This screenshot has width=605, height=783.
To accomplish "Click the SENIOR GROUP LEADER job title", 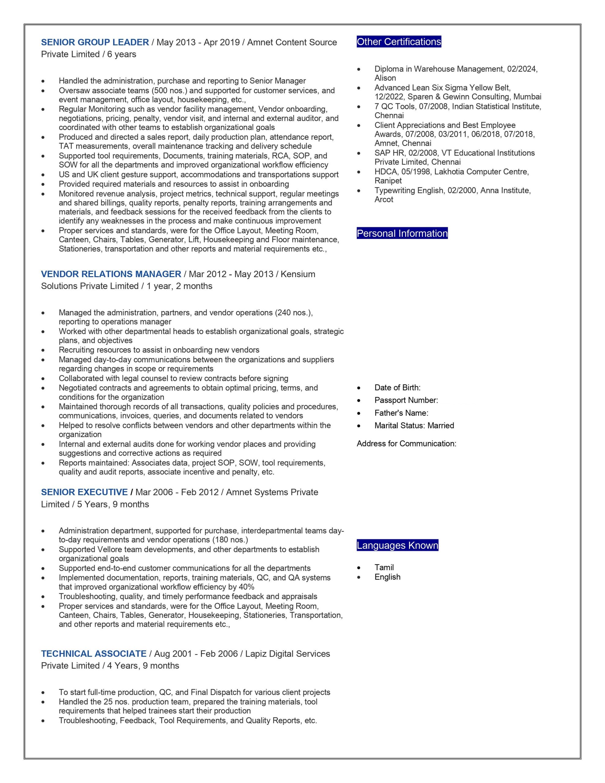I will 95,42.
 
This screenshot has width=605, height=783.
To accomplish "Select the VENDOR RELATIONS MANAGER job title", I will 111,274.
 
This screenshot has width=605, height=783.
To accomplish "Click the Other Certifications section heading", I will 399,42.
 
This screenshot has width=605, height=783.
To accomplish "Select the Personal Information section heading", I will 402,233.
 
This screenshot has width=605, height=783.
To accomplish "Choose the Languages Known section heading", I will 397,545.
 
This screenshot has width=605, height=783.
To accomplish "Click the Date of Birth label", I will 397,388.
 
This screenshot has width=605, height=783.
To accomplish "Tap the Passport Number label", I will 406,400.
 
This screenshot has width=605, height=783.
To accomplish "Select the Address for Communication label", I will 406,443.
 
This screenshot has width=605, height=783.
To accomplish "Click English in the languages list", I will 387,577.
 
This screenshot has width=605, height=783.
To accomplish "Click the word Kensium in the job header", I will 298,274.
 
